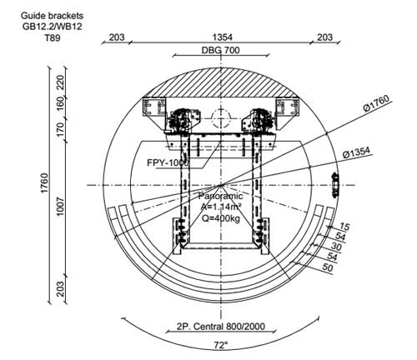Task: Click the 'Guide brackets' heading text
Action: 52,16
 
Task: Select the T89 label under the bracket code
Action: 53,37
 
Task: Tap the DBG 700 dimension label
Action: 220,50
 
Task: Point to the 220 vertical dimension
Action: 61,82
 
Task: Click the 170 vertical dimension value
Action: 61,128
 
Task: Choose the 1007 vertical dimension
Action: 60,207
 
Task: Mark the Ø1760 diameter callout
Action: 377,103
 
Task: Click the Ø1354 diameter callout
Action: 356,152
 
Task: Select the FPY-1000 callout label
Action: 168,162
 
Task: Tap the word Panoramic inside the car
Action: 220,196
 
